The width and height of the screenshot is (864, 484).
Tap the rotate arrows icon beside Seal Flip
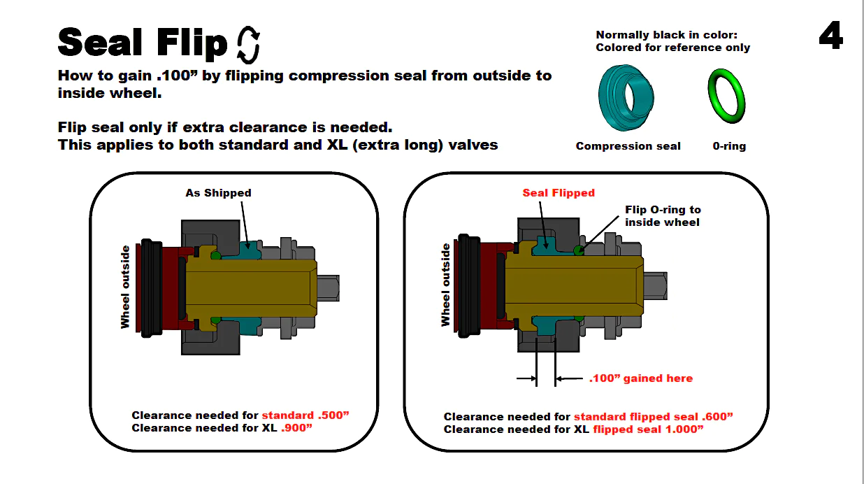[249, 44]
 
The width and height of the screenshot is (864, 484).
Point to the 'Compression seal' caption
[628, 146]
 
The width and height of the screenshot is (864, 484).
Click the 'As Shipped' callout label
[218, 192]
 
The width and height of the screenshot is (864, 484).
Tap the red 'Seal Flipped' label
[559, 192]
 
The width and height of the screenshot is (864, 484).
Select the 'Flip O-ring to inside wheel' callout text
[663, 215]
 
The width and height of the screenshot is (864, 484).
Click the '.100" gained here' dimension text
[641, 378]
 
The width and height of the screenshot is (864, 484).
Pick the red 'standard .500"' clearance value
[305, 415]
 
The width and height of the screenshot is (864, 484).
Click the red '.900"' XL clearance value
[296, 427]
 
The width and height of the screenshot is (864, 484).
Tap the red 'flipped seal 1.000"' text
[648, 429]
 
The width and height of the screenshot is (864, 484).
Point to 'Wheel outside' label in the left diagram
[125, 287]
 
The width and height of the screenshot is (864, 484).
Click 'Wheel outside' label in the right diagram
[445, 285]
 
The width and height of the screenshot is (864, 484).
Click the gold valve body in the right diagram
[573, 283]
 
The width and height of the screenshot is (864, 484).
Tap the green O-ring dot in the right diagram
[578, 250]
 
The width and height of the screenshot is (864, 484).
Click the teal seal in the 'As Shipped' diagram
[247, 248]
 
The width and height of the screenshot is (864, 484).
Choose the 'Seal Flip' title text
[143, 43]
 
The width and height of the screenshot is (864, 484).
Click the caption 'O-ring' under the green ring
[729, 146]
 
